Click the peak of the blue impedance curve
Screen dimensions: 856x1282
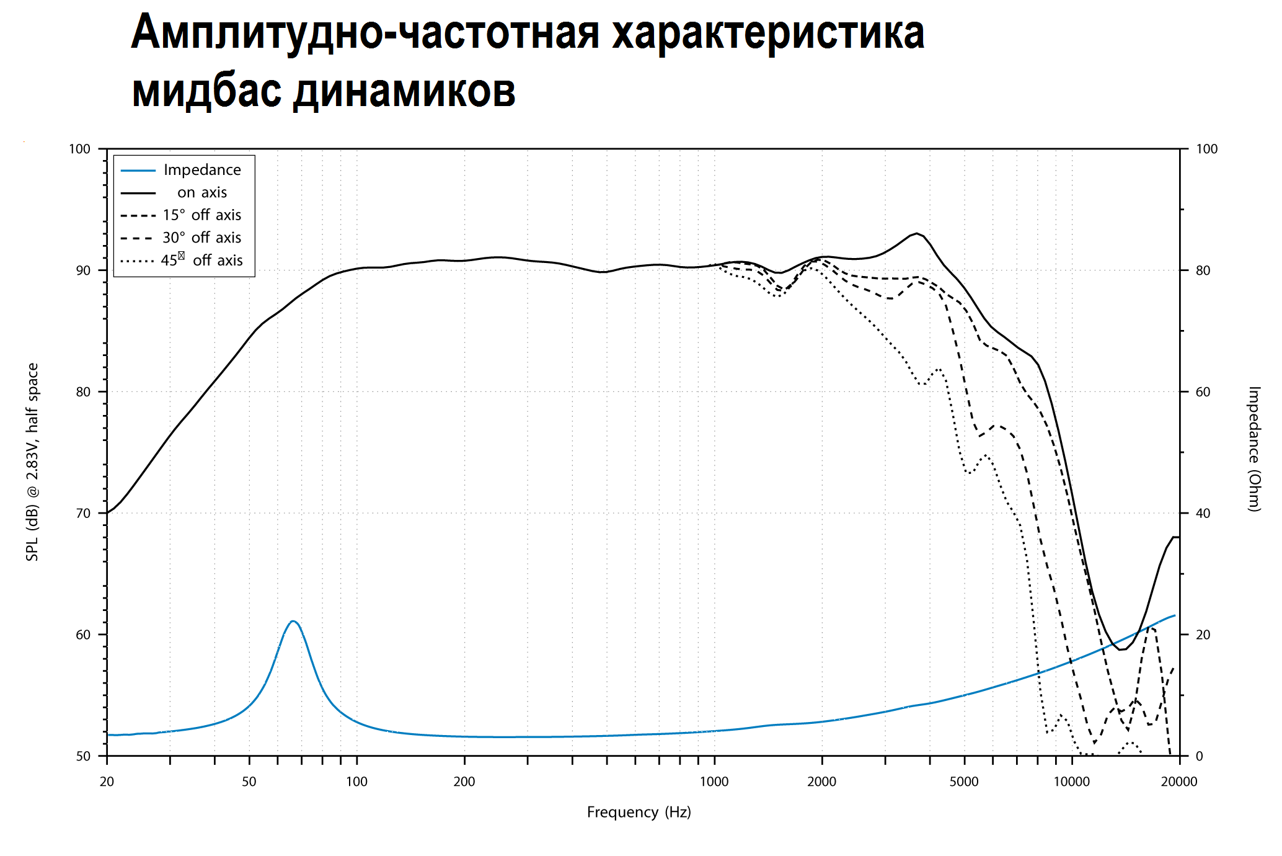coord(293,621)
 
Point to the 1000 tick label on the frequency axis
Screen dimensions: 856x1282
coord(714,782)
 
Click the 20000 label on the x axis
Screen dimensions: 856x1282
coord(1179,782)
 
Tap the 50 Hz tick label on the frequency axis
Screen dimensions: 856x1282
coord(249,782)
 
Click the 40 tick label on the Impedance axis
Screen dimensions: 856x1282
coord(1203,514)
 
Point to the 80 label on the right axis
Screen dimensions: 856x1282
coord(1203,270)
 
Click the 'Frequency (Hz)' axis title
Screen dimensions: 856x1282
coord(639,812)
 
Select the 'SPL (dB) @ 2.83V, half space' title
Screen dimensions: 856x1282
coord(32,462)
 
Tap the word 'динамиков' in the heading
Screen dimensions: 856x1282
coord(404,91)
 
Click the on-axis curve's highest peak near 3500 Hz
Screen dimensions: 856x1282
coord(916,233)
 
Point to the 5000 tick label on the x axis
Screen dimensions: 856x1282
coord(964,782)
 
